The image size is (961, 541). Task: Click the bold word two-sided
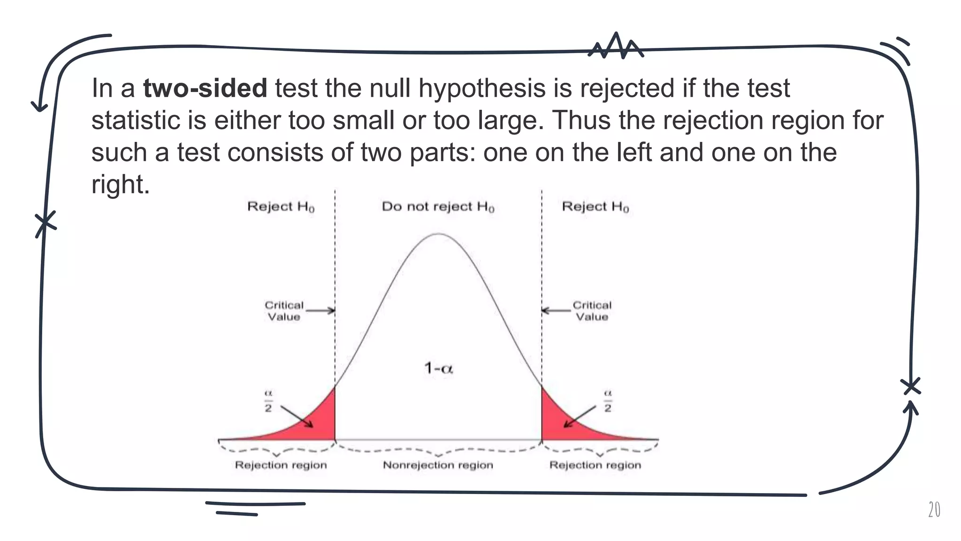coord(205,88)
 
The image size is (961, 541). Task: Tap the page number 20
coord(934,510)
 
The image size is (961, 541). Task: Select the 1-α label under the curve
coord(439,368)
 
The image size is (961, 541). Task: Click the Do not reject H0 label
coord(438,207)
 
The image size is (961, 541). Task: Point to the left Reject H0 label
coord(281,207)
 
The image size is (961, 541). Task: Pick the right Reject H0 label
coord(595,207)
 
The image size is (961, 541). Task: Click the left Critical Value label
coord(284,311)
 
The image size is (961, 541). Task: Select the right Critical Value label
coord(592,311)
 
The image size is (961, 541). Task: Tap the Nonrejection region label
coord(438,465)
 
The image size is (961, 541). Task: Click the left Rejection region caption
coord(281,465)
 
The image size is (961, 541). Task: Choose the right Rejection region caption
coord(595,465)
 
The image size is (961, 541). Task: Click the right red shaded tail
coord(556,423)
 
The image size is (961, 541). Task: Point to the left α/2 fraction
coord(268,401)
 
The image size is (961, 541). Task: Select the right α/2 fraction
coord(608,401)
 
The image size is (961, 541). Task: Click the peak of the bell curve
coord(438,234)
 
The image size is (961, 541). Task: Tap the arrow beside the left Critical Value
coord(320,310)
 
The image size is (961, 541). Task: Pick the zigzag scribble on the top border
coord(616,46)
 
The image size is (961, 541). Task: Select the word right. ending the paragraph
coord(120,184)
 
